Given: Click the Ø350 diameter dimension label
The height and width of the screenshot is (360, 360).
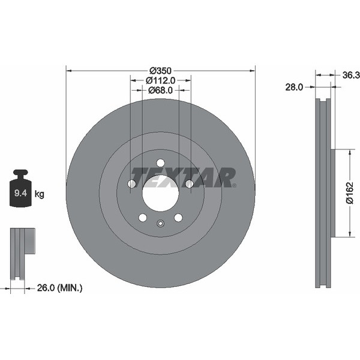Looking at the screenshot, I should coord(161,70).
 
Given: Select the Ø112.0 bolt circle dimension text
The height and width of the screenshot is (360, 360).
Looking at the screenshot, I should coord(160,80).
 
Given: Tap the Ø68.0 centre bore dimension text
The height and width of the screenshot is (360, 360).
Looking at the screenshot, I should coord(160,90).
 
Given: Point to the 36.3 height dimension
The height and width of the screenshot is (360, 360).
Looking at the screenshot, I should coord(350,75).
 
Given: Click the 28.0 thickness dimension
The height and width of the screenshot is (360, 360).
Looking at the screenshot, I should coord(293,87).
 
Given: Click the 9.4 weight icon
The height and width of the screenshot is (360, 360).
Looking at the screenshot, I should coord(21,190).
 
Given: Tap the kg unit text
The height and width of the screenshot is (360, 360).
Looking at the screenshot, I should coord(40,194).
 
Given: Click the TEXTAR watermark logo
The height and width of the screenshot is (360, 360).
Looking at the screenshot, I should coord(183,177).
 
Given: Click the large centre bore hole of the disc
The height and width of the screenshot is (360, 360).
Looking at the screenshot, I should coord(160,194).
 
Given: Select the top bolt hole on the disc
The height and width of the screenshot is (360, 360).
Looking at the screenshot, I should coord(160,163).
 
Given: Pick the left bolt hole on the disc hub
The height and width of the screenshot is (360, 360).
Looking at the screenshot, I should coord(131,184).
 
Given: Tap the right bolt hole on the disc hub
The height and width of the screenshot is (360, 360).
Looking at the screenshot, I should coord(189,184).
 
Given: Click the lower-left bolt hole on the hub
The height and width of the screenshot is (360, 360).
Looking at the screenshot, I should coord(142,218).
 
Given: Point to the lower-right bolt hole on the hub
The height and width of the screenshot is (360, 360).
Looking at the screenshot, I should coord(178,218).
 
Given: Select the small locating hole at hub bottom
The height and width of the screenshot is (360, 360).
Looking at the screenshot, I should coord(160,224).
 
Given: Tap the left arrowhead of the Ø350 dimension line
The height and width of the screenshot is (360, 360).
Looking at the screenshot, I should coord(68,70).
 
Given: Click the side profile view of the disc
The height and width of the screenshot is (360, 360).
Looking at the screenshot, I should coord(325,192).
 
